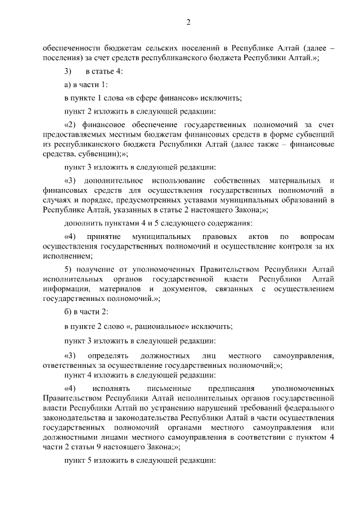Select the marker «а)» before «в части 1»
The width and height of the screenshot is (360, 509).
click(x=67, y=85)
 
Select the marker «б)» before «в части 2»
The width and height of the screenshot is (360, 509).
click(x=67, y=312)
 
